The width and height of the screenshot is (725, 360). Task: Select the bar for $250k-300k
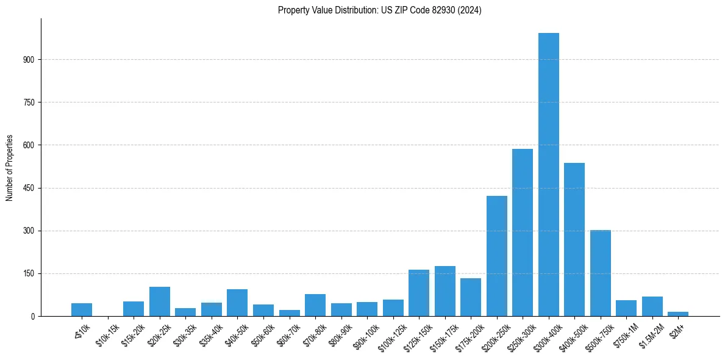coord(523,232)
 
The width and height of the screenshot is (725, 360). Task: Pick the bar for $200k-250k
coord(497,256)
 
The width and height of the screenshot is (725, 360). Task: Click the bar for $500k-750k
coord(601,273)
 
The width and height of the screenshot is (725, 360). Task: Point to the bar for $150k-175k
coord(445,291)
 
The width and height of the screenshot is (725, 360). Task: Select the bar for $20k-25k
coord(160,301)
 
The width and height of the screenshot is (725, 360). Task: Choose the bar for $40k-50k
coord(237,303)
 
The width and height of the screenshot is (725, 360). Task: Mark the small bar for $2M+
coord(678,314)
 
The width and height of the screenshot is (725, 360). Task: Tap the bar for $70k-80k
coord(315,305)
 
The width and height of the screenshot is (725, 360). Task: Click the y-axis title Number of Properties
coord(9,167)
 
